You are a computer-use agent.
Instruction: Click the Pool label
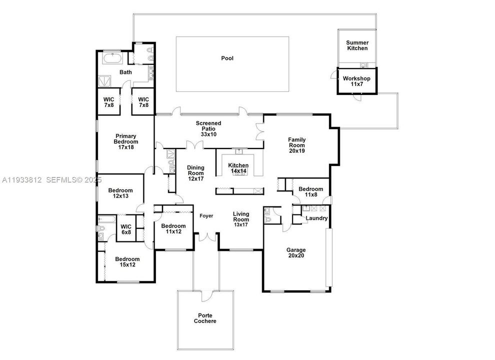pyautogui.click(x=227, y=58)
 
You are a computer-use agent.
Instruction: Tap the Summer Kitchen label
pyautogui.click(x=357, y=45)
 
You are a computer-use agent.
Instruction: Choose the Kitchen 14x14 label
pyautogui.click(x=238, y=168)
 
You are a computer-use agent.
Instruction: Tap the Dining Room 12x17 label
pyautogui.click(x=195, y=173)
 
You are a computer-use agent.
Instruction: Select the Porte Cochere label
pyautogui.click(x=205, y=318)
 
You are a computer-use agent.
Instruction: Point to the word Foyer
pyautogui.click(x=206, y=216)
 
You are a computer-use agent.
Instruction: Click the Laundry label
pyautogui.click(x=316, y=218)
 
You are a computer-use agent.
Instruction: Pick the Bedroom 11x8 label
pyautogui.click(x=310, y=192)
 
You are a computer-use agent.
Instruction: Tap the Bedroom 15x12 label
pyautogui.click(x=127, y=262)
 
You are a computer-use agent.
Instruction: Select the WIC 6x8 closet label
pyautogui.click(x=126, y=229)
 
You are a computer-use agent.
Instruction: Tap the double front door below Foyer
pyautogui.click(x=206, y=237)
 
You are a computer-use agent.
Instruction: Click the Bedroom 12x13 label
pyautogui.click(x=121, y=193)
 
